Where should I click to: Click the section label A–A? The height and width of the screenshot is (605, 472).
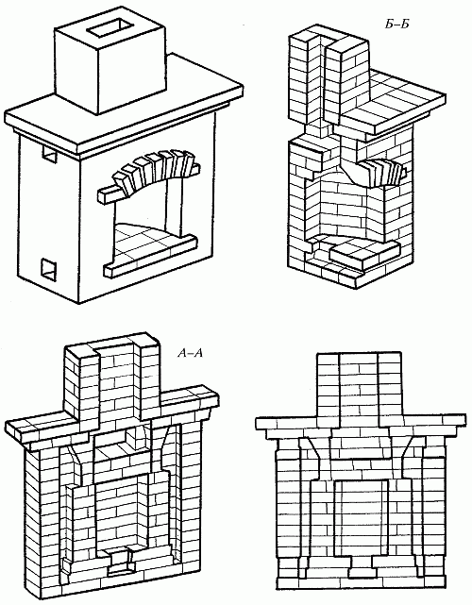[190, 353]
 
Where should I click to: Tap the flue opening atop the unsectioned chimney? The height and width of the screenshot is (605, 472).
[109, 29]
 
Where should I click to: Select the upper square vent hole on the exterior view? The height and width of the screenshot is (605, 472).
[49, 155]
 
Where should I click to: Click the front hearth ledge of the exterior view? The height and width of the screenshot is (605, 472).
[150, 256]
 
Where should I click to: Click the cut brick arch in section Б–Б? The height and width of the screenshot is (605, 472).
[382, 174]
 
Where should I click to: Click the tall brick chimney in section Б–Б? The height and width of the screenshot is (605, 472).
[329, 76]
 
